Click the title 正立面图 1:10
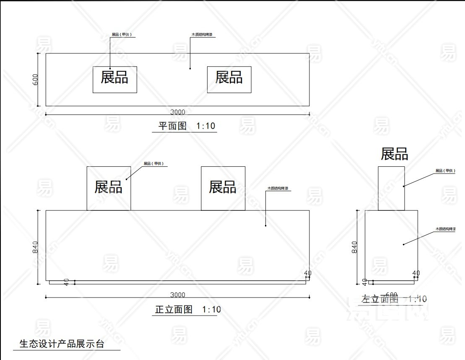click(x=187, y=310)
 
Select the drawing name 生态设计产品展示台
click(x=62, y=344)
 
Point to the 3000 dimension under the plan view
click(x=177, y=111)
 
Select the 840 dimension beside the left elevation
click(x=354, y=247)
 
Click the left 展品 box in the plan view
click(x=114, y=79)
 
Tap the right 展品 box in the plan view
click(x=229, y=79)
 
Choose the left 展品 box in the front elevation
click(x=109, y=188)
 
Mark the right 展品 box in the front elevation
click(x=223, y=188)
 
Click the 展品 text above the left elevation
click(x=394, y=154)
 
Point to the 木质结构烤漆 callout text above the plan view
click(x=203, y=35)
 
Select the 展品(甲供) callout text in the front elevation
click(x=153, y=164)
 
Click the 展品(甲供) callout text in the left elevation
click(x=445, y=171)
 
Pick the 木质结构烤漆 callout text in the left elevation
click(x=445, y=229)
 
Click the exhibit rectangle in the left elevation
click(x=391, y=188)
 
